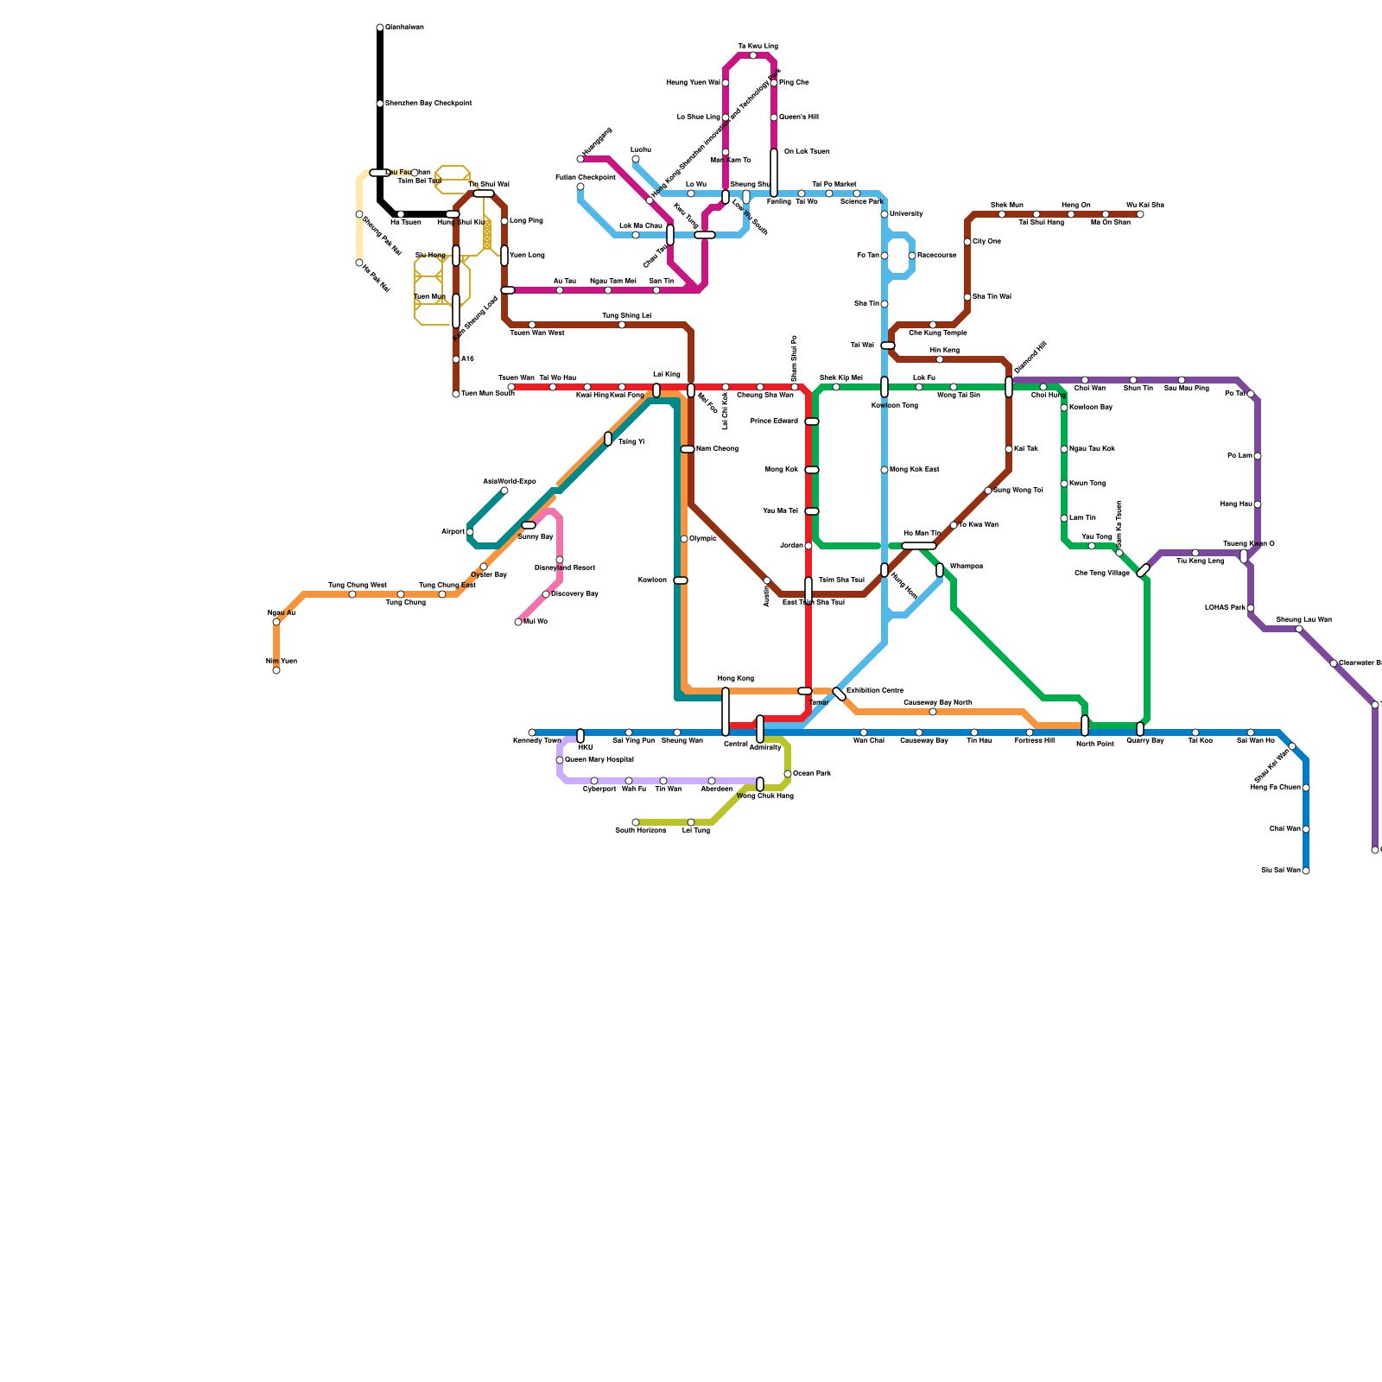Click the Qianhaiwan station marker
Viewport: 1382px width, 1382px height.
(x=380, y=28)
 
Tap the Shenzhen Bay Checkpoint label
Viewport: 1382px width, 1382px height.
(x=428, y=104)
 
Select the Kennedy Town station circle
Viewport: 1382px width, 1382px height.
(x=532, y=732)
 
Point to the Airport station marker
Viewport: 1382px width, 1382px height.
(x=470, y=532)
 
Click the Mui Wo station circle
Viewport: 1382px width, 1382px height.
(x=518, y=622)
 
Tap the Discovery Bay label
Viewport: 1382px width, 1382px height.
(x=574, y=594)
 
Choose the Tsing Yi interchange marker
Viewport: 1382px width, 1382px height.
(x=608, y=439)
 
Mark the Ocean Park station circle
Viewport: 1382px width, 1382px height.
(x=788, y=774)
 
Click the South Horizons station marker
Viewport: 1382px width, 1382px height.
(x=636, y=822)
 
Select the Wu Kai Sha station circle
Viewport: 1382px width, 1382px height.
(x=1140, y=214)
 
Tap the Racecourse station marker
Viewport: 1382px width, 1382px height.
(x=912, y=256)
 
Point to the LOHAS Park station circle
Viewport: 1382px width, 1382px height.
(x=1251, y=608)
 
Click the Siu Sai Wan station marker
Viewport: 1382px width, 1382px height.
(x=1306, y=871)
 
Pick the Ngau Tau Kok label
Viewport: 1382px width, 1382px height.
(x=1092, y=449)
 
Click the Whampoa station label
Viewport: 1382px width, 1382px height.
(x=966, y=567)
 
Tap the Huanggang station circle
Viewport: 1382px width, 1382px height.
(x=580, y=159)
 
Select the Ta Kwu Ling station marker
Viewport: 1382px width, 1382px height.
(x=753, y=55)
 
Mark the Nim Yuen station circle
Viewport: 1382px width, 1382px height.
(x=276, y=670)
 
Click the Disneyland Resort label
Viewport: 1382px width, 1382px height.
(x=565, y=568)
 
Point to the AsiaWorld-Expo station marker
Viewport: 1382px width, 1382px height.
(x=504, y=491)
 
